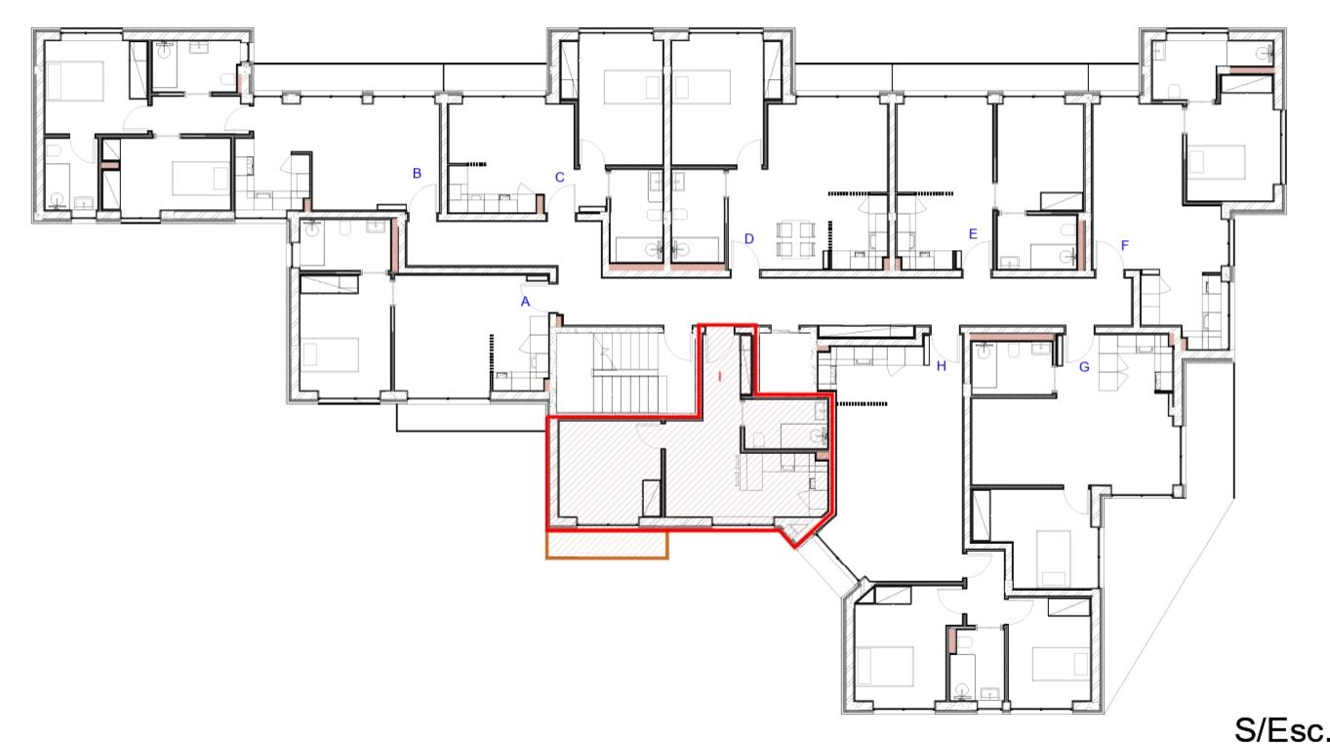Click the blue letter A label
pyautogui.click(x=525, y=302)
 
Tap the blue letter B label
pyautogui.click(x=417, y=174)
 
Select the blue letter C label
pyautogui.click(x=559, y=178)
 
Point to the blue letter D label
pyautogui.click(x=748, y=239)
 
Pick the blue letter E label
pyautogui.click(x=973, y=234)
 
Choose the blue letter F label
pyautogui.click(x=1124, y=245)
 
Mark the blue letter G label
pyautogui.click(x=1084, y=367)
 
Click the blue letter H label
pyautogui.click(x=941, y=366)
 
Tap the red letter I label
pyautogui.click(x=719, y=377)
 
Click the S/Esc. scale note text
pyautogui.click(x=1280, y=729)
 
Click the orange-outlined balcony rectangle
pyautogui.click(x=607, y=545)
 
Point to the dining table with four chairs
pyautogui.click(x=795, y=239)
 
